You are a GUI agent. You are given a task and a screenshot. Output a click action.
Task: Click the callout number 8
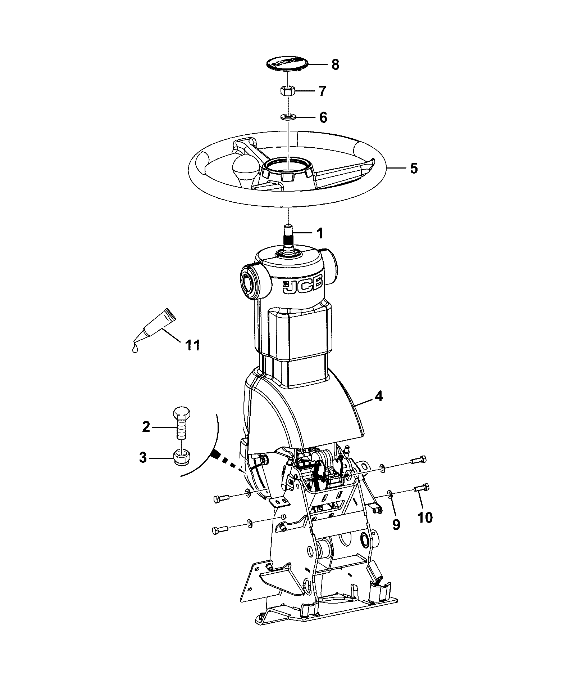click(x=335, y=65)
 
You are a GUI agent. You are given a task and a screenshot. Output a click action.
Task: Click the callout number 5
click(x=414, y=168)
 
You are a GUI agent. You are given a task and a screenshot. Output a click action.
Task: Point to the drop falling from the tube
click(x=135, y=348)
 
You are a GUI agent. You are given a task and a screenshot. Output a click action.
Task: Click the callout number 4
click(x=378, y=396)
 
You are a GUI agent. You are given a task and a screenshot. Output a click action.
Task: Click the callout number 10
click(x=424, y=518)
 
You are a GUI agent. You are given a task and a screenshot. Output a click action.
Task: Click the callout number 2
click(x=146, y=427)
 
